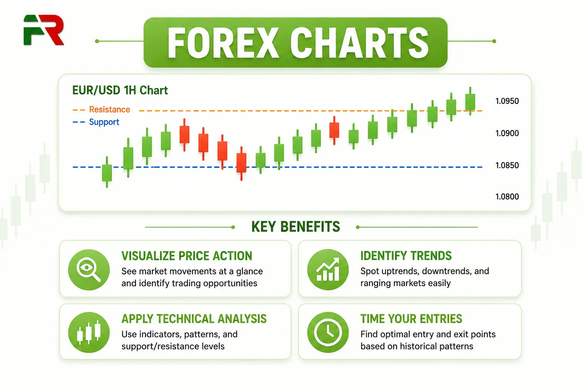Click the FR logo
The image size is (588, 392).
(x=44, y=30)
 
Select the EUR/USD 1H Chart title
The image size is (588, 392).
(x=120, y=90)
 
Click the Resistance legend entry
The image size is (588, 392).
(x=101, y=109)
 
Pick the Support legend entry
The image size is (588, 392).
(x=96, y=122)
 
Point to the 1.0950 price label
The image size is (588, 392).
(x=507, y=101)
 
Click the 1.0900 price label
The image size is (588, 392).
(x=507, y=133)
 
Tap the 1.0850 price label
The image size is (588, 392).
(x=507, y=165)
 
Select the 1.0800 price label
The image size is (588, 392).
(x=507, y=197)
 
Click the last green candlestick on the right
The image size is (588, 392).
(x=470, y=101)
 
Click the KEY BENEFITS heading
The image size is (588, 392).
(x=296, y=227)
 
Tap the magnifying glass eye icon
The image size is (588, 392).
(x=89, y=269)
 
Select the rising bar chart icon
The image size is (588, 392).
(x=328, y=269)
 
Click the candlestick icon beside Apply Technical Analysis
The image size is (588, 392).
(x=89, y=332)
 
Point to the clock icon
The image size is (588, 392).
(x=328, y=332)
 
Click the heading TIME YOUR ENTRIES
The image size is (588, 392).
(x=411, y=319)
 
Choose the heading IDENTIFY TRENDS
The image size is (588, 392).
(x=406, y=256)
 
